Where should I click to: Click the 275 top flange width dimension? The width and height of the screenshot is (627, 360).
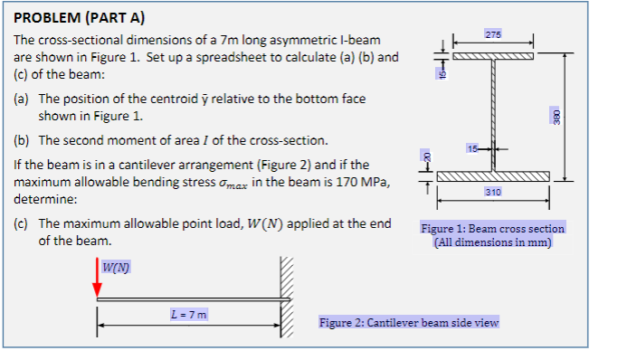(x=492, y=34)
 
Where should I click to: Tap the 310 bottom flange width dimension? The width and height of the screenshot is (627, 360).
(x=492, y=193)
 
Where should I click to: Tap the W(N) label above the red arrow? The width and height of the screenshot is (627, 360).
(x=115, y=266)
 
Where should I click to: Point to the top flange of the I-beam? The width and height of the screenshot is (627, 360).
(x=492, y=56)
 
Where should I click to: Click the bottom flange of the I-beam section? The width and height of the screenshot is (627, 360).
(x=492, y=175)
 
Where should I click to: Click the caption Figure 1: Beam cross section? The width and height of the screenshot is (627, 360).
(x=492, y=229)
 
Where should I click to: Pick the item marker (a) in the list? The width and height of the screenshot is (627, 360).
(x=23, y=98)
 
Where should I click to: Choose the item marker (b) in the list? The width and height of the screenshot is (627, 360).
(x=23, y=141)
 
